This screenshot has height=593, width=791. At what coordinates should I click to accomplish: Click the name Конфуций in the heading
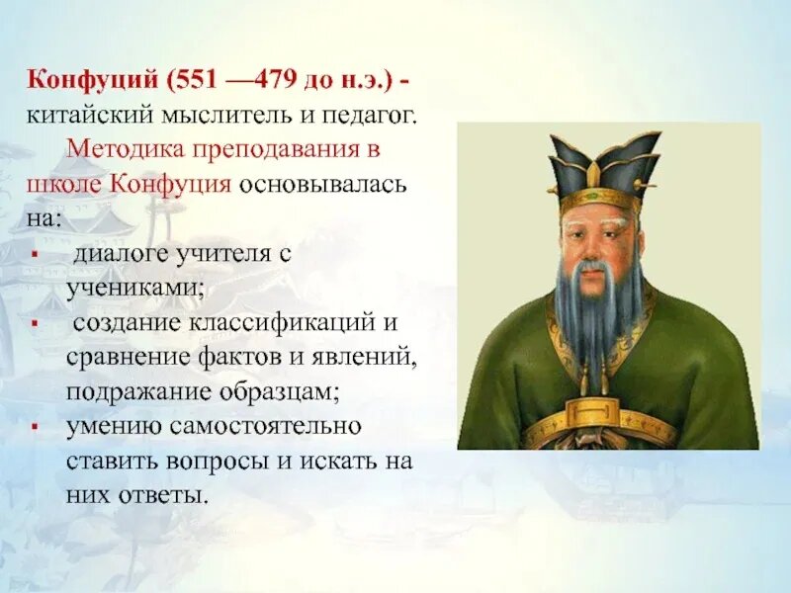92,81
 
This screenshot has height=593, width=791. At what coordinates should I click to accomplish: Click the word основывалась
322,184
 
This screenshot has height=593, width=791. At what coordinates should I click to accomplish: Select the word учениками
135,289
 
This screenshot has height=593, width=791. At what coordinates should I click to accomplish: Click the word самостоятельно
265,427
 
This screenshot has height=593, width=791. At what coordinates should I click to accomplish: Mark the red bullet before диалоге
35,255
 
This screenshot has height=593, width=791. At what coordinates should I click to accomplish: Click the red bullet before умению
35,428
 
